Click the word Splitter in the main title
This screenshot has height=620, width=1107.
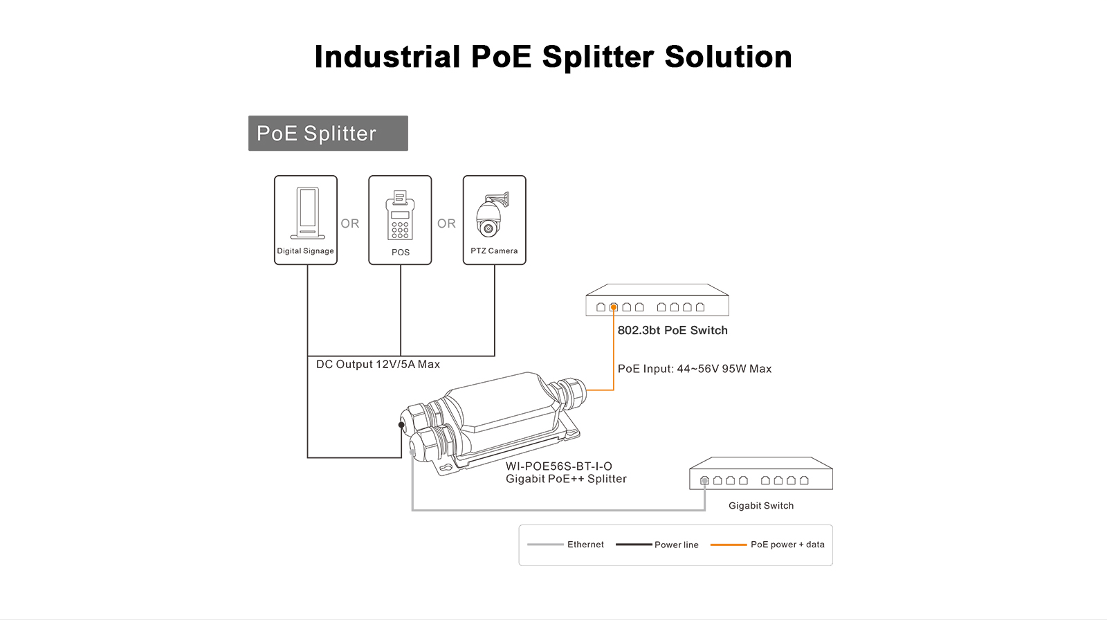coord(598,57)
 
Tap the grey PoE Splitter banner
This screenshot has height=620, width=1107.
coord(328,134)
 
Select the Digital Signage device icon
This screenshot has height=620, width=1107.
coord(307,212)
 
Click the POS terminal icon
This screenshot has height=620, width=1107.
coord(401,215)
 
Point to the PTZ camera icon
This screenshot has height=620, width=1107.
coord(492,215)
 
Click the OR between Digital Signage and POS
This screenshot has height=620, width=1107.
coord(350,224)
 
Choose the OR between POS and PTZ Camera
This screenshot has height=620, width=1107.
coord(446,224)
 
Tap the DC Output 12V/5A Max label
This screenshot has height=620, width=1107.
coord(378,365)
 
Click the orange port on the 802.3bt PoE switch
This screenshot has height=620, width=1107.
coord(614,307)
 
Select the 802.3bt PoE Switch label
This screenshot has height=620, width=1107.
coord(673,331)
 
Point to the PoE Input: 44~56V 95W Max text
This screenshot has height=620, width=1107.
coord(695,369)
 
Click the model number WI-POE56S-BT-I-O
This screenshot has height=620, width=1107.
coord(559,466)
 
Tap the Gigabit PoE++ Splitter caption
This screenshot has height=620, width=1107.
coord(566,479)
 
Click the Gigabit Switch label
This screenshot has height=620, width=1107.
coord(761,506)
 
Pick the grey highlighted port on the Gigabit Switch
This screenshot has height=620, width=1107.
coord(704,480)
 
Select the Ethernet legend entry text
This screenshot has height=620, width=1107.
coord(585,545)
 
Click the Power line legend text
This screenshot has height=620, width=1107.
coord(677,545)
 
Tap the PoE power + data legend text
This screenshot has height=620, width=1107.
coord(787,545)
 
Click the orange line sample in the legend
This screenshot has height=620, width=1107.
coord(729,545)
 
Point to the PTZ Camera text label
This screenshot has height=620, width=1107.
coord(494,251)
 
